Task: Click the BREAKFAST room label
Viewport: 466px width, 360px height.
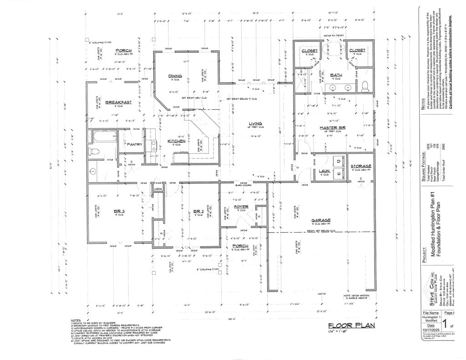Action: point(118,102)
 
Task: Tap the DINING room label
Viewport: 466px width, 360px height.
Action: point(175,76)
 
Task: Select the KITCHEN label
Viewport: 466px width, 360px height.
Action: point(176,141)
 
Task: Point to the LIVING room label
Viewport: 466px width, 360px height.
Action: point(255,124)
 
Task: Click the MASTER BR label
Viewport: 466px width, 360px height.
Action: point(333,128)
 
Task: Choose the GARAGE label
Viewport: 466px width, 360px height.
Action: point(321,220)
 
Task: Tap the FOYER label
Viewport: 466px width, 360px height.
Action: point(241,207)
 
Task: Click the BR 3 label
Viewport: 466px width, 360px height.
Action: point(119,211)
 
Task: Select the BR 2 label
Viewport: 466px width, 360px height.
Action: point(198,211)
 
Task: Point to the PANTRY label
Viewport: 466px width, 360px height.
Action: point(135,145)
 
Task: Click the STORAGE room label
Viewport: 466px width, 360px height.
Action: point(361,166)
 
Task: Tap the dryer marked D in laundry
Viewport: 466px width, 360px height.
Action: point(339,161)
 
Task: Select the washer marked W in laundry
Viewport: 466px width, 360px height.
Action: point(339,173)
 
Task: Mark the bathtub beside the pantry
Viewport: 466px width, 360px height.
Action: point(104,136)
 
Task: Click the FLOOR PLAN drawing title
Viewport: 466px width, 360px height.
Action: point(352,325)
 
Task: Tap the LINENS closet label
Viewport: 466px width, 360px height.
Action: point(158,188)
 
